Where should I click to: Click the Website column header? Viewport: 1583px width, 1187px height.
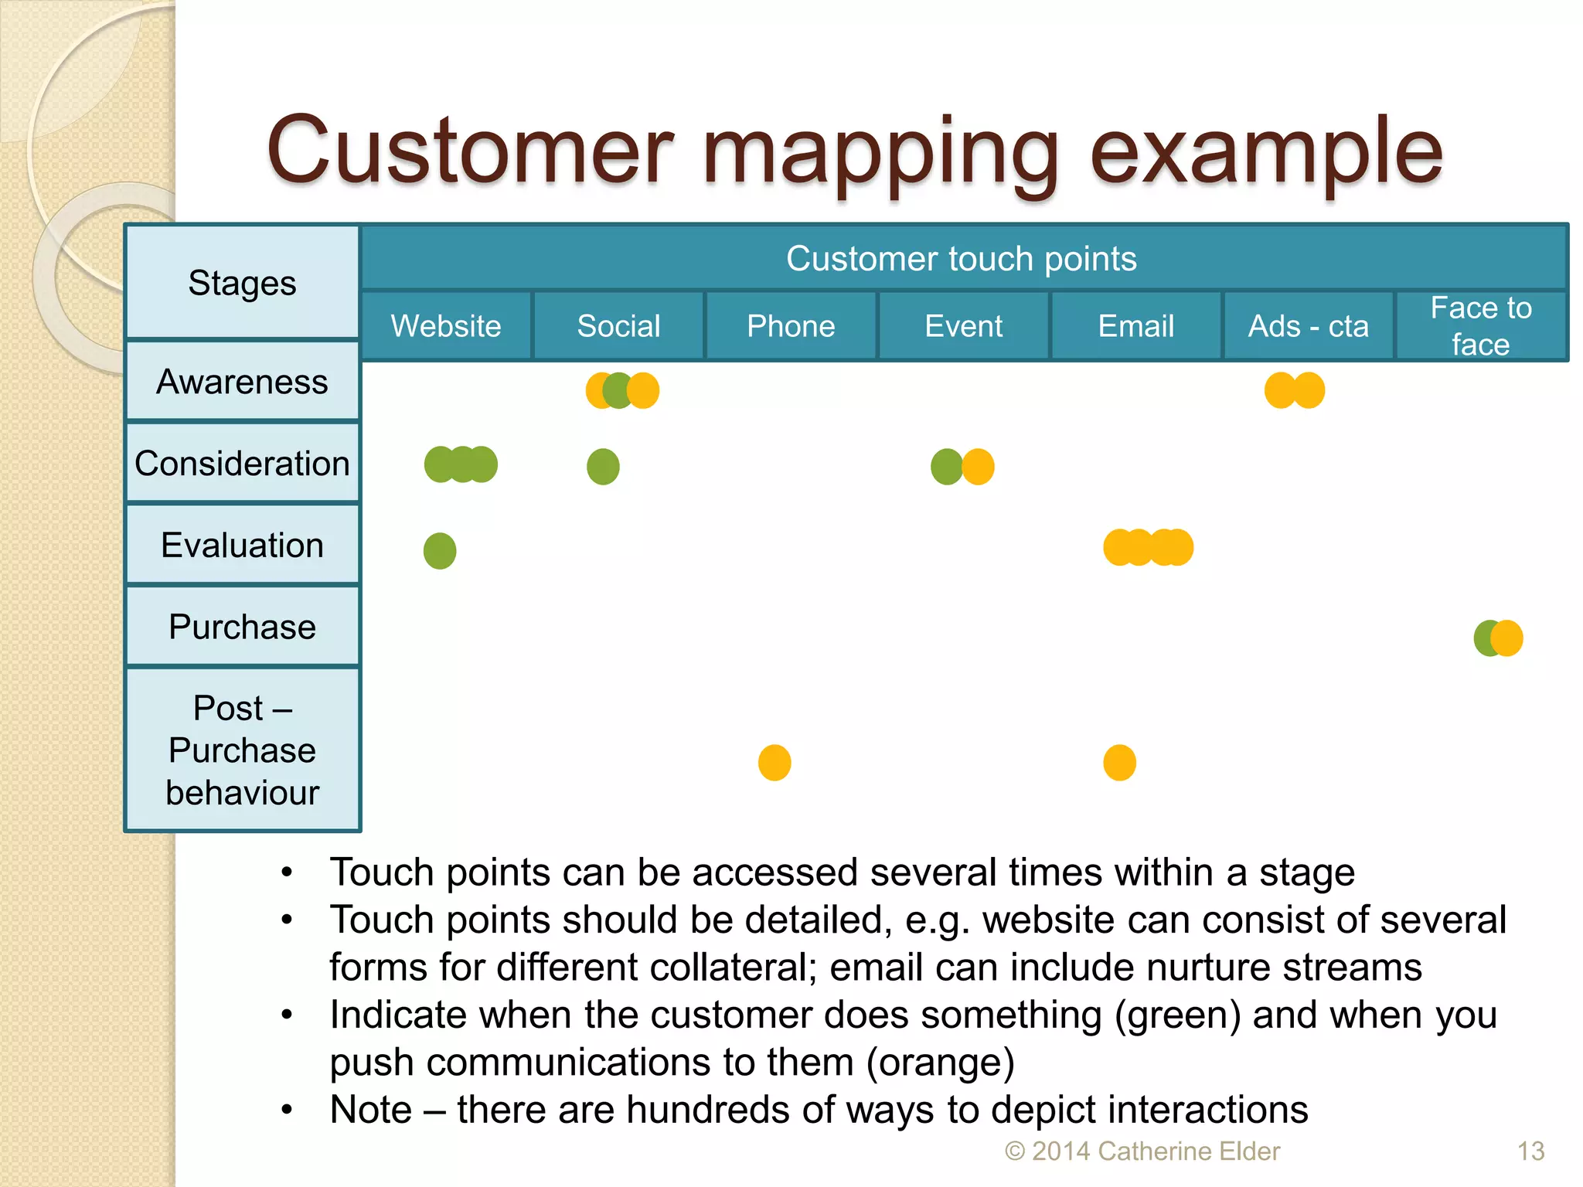[x=446, y=326]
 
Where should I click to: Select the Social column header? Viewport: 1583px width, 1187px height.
[x=618, y=326]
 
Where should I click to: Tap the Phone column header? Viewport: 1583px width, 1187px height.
[x=791, y=326]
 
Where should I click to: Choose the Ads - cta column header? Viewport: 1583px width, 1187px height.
[x=1308, y=326]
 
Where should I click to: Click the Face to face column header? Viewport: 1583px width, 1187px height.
[x=1480, y=326]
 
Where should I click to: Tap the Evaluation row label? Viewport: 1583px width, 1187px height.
[x=242, y=546]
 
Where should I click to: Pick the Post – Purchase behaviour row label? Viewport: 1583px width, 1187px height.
[x=242, y=750]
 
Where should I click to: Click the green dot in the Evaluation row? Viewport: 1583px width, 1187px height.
[x=440, y=551]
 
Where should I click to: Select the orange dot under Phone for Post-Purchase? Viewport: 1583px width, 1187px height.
[x=774, y=763]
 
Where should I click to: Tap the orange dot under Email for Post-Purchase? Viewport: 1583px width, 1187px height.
[x=1119, y=763]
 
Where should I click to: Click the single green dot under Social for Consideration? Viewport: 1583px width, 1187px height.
[x=603, y=467]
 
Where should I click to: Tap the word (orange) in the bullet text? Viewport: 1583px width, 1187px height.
[x=940, y=1063]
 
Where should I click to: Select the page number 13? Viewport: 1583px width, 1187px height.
[x=1530, y=1151]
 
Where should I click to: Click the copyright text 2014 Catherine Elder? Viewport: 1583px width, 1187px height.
[x=1142, y=1151]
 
